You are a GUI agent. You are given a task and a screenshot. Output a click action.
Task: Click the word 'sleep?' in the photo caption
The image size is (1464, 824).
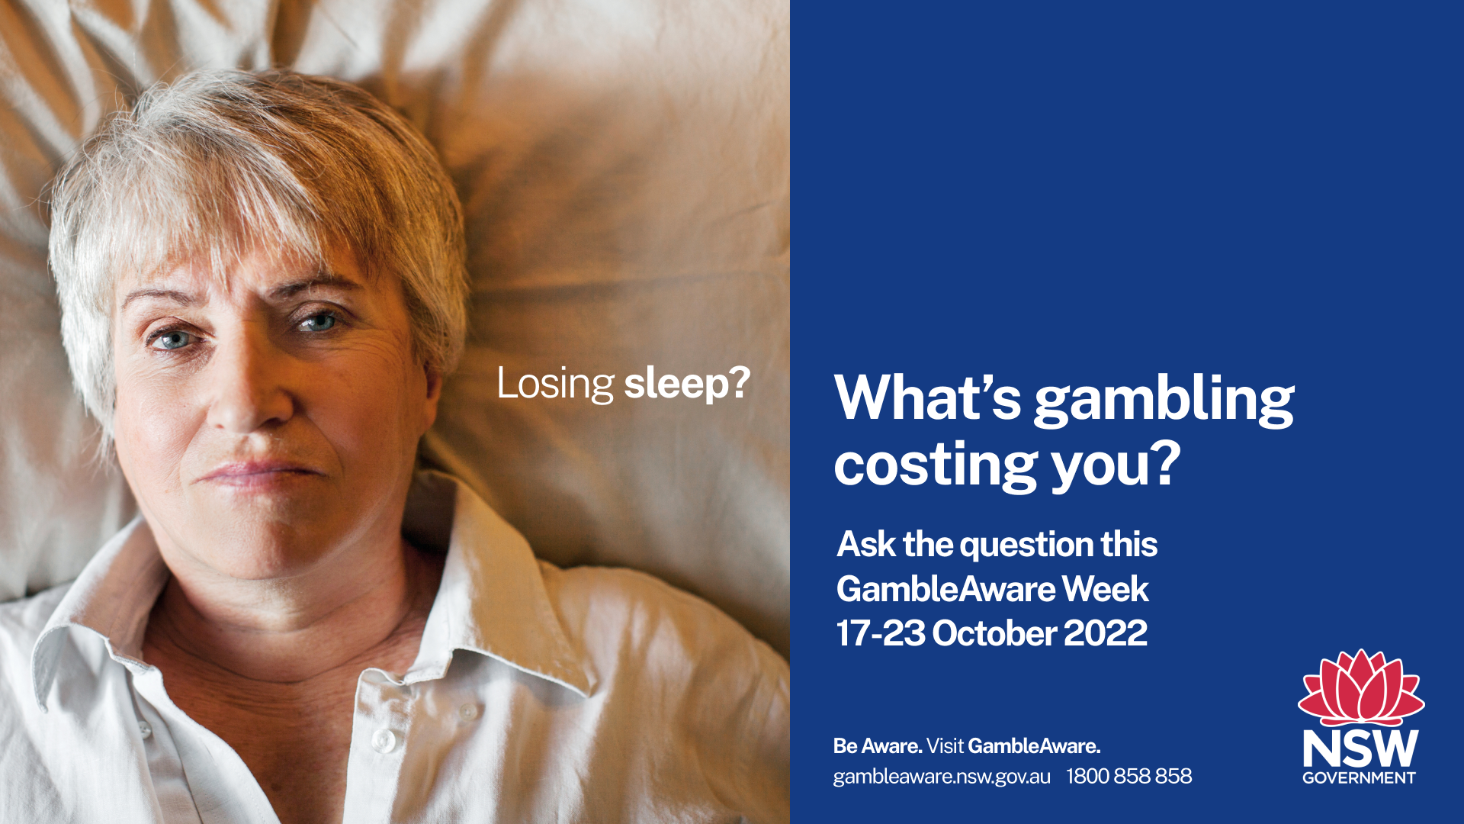(687, 384)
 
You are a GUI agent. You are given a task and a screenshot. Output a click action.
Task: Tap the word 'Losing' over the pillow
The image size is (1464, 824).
(555, 384)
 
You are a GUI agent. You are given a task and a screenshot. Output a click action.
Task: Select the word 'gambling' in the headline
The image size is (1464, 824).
(1164, 400)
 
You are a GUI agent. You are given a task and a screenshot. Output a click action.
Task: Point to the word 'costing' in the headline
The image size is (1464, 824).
(936, 465)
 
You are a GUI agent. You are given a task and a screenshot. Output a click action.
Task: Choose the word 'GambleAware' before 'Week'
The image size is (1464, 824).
(945, 589)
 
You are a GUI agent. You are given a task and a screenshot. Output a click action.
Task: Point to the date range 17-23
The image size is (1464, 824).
(881, 633)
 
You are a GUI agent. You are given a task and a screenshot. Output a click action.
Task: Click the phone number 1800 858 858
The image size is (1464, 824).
(1129, 776)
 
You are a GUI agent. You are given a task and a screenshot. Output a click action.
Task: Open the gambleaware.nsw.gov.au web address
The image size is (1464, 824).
(942, 777)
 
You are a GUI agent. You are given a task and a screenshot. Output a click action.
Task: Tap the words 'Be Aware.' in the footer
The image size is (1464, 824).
(878, 745)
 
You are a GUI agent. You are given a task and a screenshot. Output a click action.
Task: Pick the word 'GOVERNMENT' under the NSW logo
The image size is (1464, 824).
(1359, 778)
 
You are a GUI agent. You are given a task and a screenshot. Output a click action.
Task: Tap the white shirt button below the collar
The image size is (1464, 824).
(384, 739)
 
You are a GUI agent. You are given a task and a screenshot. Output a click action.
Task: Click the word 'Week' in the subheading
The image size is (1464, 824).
(1106, 589)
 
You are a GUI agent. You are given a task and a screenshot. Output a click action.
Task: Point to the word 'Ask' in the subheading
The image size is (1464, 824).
(866, 545)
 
